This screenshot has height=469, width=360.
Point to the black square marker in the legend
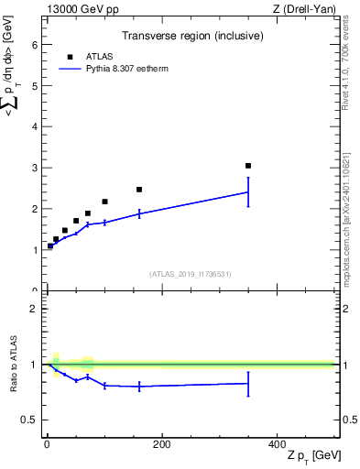coord(70,57)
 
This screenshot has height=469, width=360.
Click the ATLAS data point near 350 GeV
coord(248,166)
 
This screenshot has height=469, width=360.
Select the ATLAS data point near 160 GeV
coord(139,190)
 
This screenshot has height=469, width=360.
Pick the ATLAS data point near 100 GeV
coord(104,202)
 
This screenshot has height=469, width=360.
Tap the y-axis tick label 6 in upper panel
coord(34,44)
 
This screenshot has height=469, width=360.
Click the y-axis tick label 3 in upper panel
coord(34,168)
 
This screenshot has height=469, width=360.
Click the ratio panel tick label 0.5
coord(28,420)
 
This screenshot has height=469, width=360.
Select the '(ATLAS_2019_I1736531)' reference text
coord(191,274)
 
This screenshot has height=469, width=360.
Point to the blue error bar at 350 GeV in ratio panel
coord(248,384)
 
